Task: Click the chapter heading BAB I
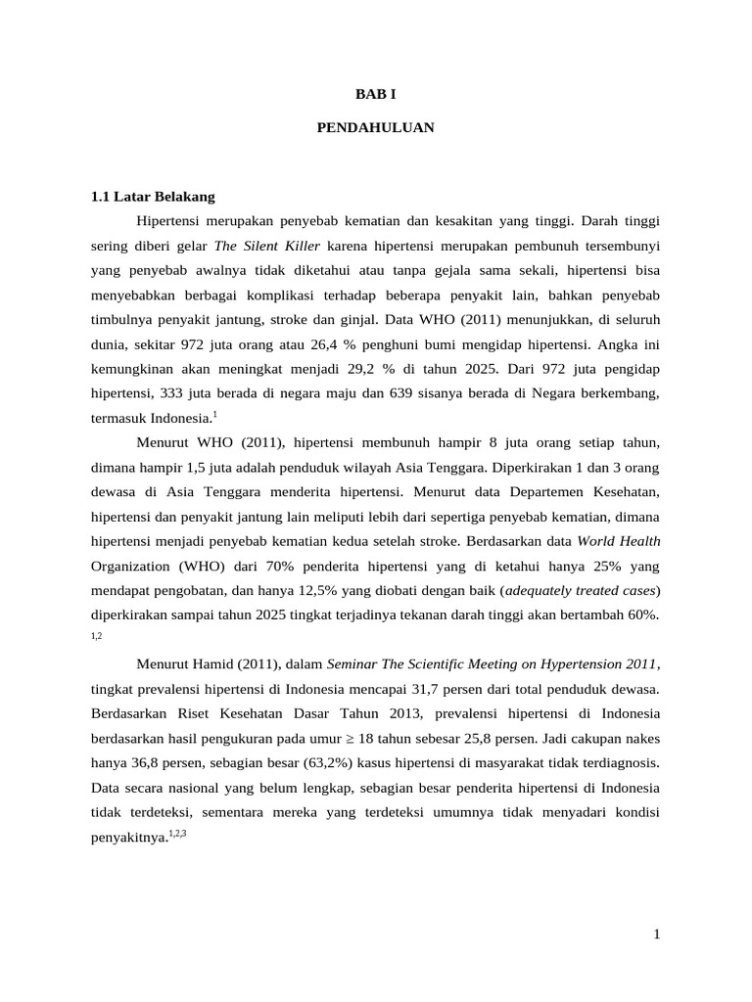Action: (x=376, y=94)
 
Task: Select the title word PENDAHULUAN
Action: (x=376, y=127)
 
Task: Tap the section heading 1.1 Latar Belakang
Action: (x=152, y=197)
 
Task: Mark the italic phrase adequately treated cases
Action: (x=578, y=590)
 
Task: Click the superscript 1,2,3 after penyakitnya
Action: (x=176, y=833)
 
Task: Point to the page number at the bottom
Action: (x=657, y=934)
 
